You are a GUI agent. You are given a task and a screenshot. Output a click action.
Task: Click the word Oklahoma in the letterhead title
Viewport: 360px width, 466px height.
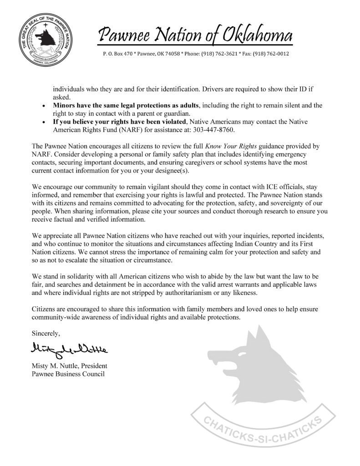point(257,35)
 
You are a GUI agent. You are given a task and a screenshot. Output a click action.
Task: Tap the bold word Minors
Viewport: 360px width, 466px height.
point(65,106)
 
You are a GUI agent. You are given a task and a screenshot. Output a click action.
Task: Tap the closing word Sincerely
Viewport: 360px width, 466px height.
point(45,334)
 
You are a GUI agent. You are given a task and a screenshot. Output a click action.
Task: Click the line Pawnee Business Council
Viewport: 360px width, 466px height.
point(68,374)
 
